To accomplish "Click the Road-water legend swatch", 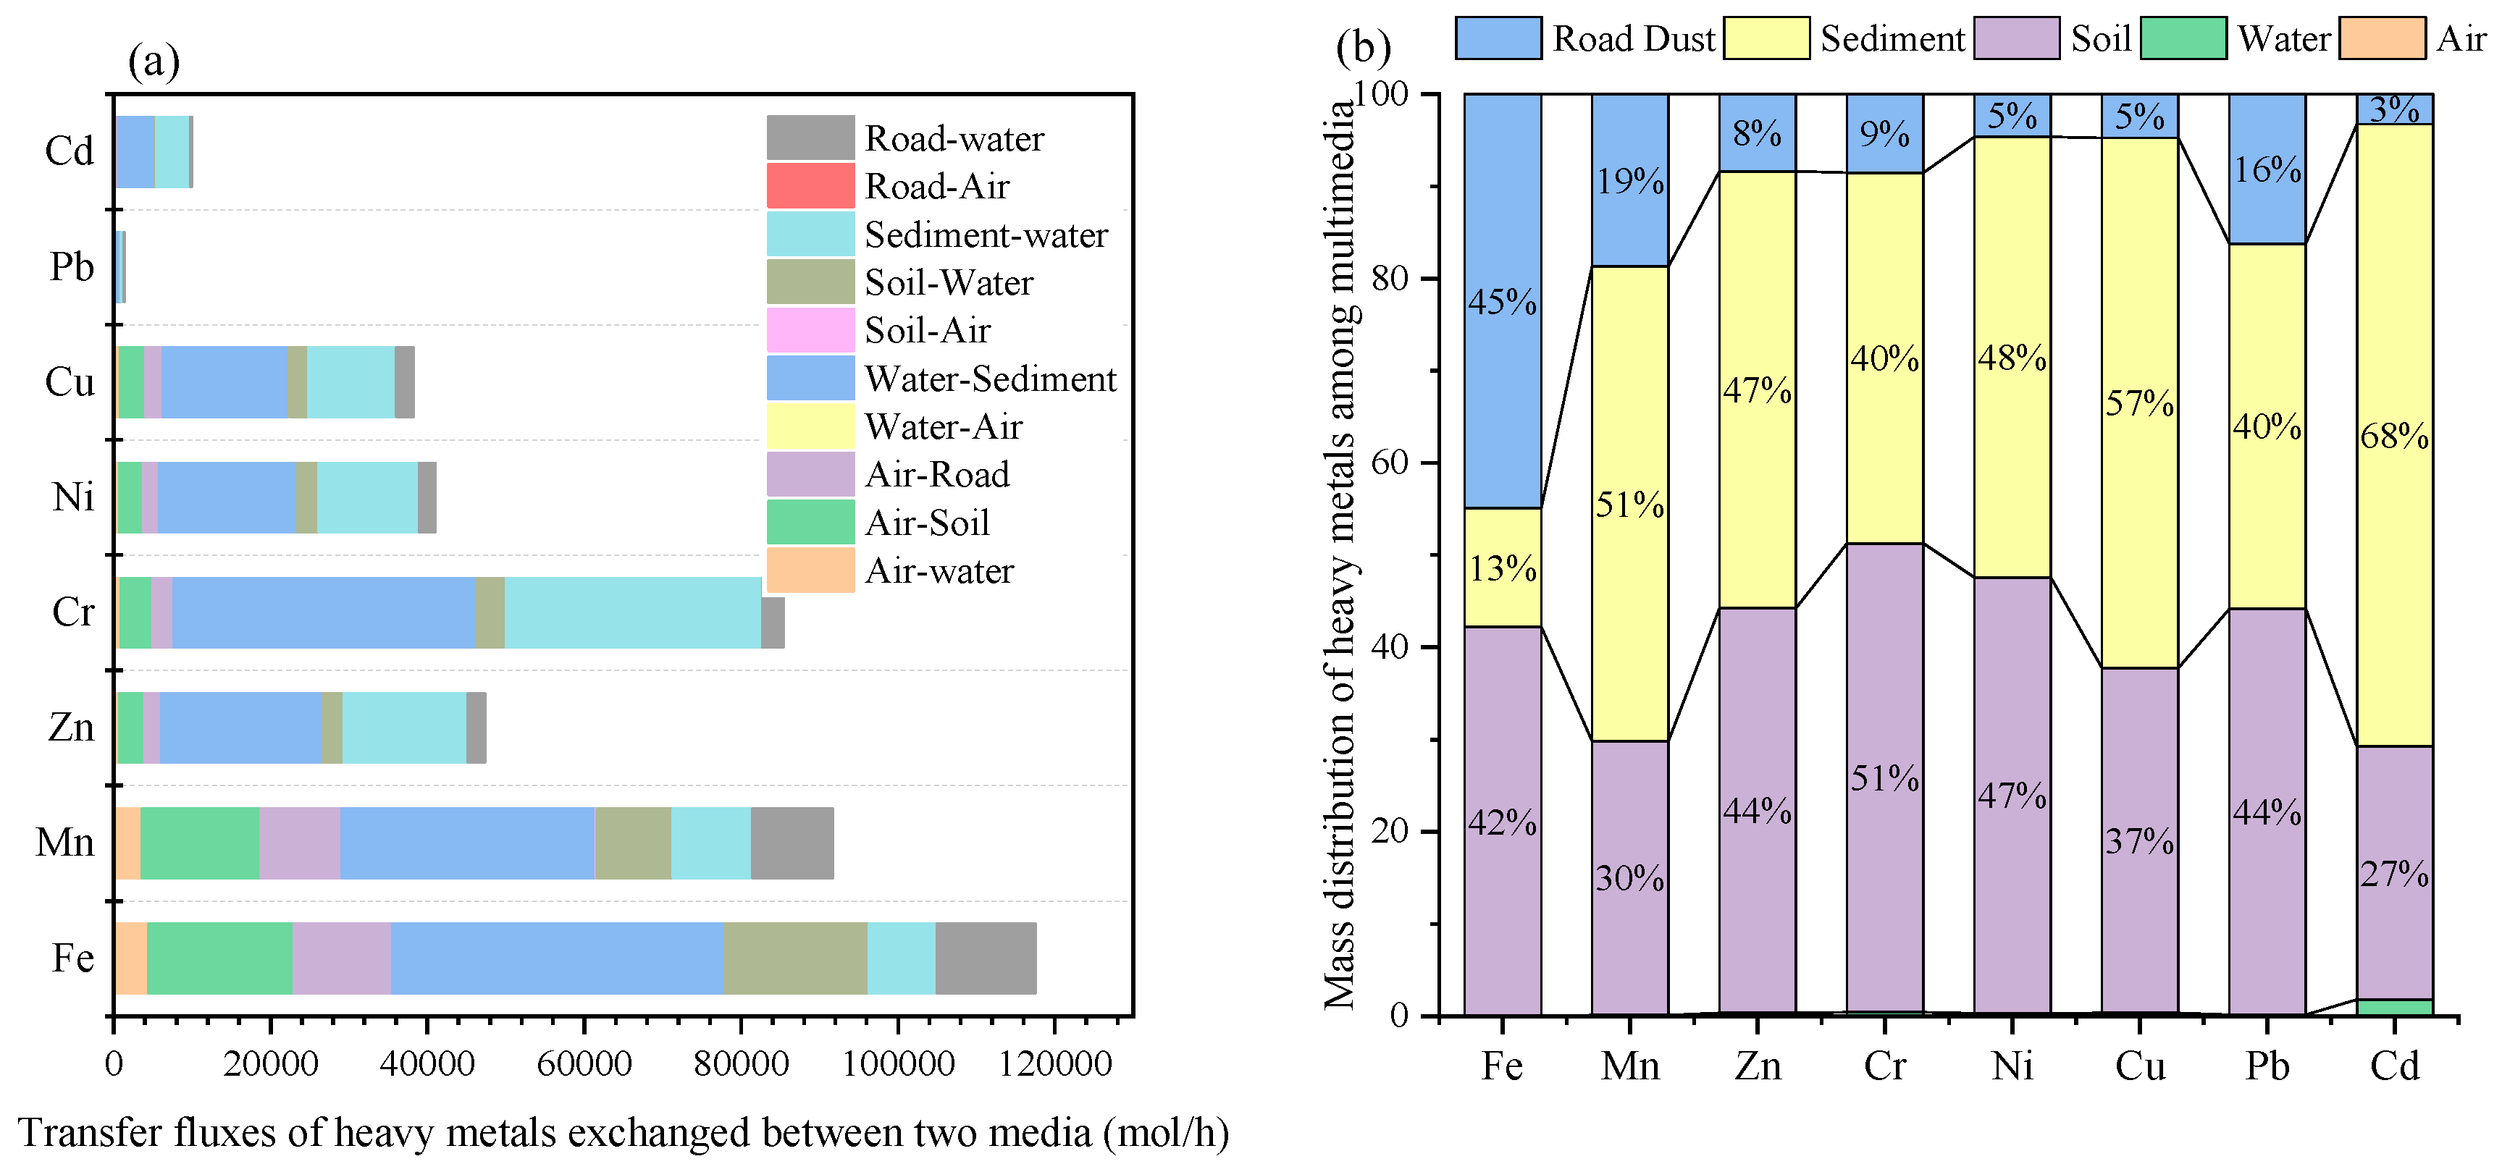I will coord(810,138).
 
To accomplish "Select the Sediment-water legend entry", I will coord(985,235).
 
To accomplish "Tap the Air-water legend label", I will coord(939,571).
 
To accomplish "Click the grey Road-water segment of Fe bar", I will coord(985,958).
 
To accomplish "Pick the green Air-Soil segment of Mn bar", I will coord(200,843).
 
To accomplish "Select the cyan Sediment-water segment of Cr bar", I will coord(632,612).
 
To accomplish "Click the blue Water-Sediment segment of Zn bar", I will coord(241,728).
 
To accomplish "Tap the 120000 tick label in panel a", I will coord(1056,1063).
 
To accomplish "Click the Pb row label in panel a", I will coord(72,266).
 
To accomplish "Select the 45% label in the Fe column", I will coord(1502,302).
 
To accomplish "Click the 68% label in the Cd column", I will coord(2394,436).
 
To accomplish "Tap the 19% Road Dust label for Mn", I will coord(1630,180).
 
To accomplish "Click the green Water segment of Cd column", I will coord(2394,1007).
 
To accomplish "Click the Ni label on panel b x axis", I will coord(2012,1066).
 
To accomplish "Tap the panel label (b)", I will coord(1363,46).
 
